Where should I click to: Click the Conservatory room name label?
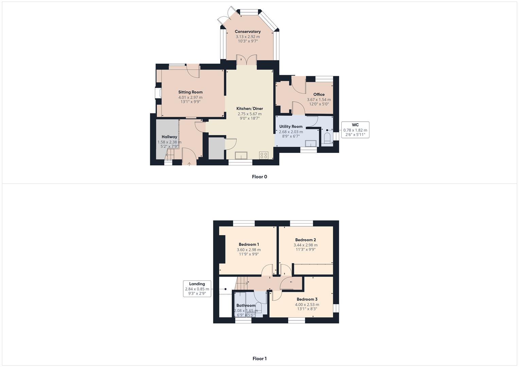247,32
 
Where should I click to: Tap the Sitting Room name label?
190,92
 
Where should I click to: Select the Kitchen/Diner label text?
250,109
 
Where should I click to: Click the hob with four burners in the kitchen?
264,155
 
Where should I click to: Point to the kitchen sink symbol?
241,155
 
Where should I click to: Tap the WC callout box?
355,130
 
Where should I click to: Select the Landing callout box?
197,289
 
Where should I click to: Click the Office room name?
319,94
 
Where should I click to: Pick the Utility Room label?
291,126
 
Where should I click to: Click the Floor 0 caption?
259,177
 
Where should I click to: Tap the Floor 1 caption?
259,359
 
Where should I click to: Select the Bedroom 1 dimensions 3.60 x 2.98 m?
249,250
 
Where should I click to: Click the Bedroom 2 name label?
306,240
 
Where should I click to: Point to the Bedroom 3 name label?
307,299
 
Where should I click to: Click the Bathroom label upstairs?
246,305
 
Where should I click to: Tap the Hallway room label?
169,137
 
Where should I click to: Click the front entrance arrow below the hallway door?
189,164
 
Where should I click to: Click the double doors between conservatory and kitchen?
246,60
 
